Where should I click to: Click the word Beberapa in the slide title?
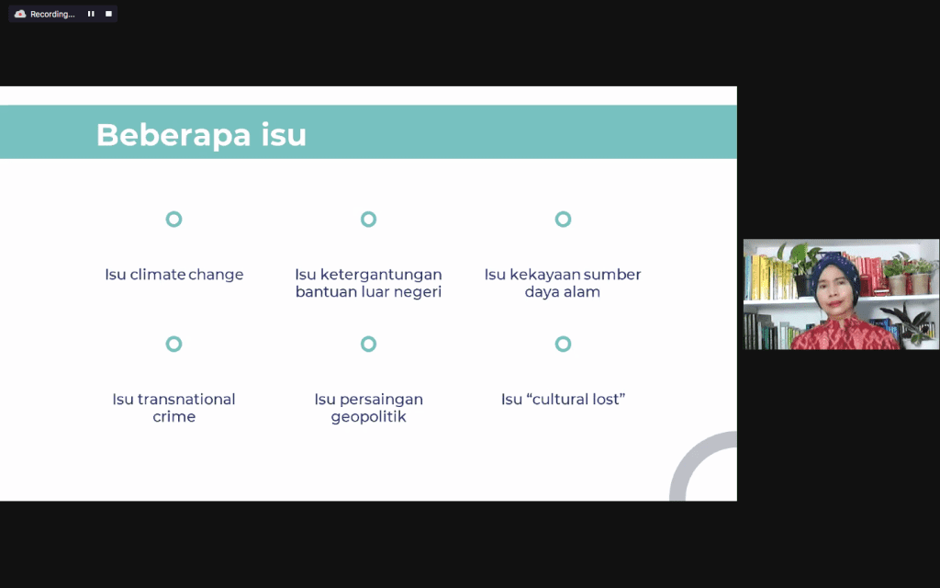pyautogui.click(x=173, y=135)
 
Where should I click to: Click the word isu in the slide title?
pyautogui.click(x=284, y=134)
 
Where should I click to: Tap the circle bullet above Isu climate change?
pyautogui.click(x=173, y=219)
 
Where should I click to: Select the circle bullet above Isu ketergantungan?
pyautogui.click(x=369, y=219)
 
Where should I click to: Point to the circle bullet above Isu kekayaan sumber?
pyautogui.click(x=563, y=219)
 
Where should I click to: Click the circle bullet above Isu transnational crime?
pyautogui.click(x=173, y=344)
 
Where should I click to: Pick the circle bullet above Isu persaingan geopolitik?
pyautogui.click(x=369, y=344)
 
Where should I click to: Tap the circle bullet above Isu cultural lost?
pyautogui.click(x=563, y=344)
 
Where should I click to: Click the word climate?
pyautogui.click(x=157, y=274)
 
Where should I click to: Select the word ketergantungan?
pyautogui.click(x=381, y=275)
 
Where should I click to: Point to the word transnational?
pyautogui.click(x=186, y=399)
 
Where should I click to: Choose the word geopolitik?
pyautogui.click(x=369, y=417)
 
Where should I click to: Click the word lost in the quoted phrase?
pyautogui.click(x=607, y=399)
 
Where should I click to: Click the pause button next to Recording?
pyautogui.click(x=91, y=14)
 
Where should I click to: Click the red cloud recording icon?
pyautogui.click(x=20, y=14)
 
